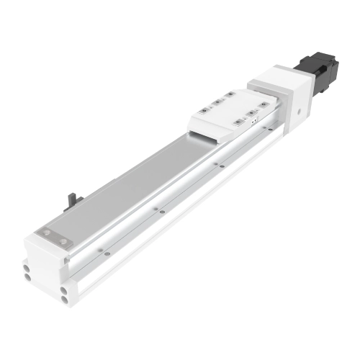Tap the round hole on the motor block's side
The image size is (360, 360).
(x=295, y=112)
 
